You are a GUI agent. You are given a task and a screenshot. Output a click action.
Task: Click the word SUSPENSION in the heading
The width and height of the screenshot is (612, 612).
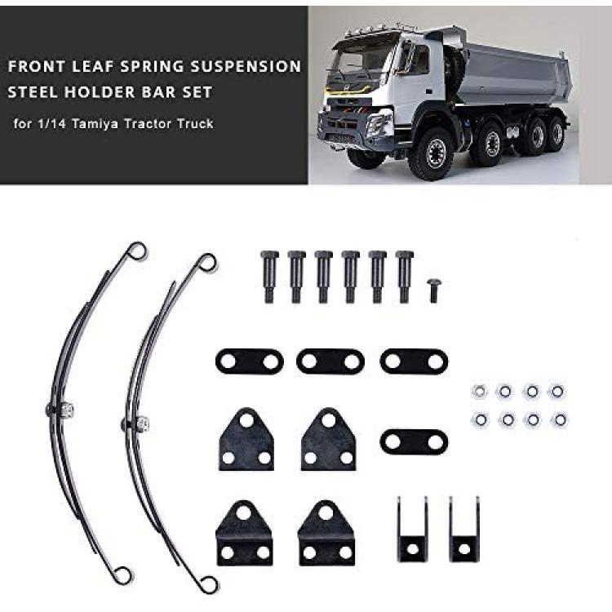pos(246,66)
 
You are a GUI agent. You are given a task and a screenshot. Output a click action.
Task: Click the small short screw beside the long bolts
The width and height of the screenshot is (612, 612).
pos(432,290)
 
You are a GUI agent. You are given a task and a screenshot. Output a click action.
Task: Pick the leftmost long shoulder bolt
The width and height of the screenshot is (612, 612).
pos(269,277)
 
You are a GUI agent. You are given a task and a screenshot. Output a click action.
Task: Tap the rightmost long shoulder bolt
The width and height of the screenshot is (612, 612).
pos(404,277)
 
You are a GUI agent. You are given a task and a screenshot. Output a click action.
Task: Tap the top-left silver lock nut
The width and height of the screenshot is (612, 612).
pos(479,391)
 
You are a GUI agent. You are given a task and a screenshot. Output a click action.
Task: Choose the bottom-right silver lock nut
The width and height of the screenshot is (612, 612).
pos(560,420)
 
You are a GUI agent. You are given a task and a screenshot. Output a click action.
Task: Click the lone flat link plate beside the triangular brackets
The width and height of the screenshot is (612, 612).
pos(414,441)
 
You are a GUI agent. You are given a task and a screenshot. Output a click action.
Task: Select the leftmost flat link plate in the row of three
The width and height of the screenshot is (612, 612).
pos(250,361)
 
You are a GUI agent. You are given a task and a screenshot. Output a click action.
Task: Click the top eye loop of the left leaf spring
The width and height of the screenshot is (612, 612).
pos(138,251)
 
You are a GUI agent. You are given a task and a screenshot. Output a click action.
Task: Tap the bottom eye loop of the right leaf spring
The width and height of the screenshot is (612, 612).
pos(210,584)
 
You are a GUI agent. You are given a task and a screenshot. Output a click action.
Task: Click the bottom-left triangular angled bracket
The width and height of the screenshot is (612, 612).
pos(245,534)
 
